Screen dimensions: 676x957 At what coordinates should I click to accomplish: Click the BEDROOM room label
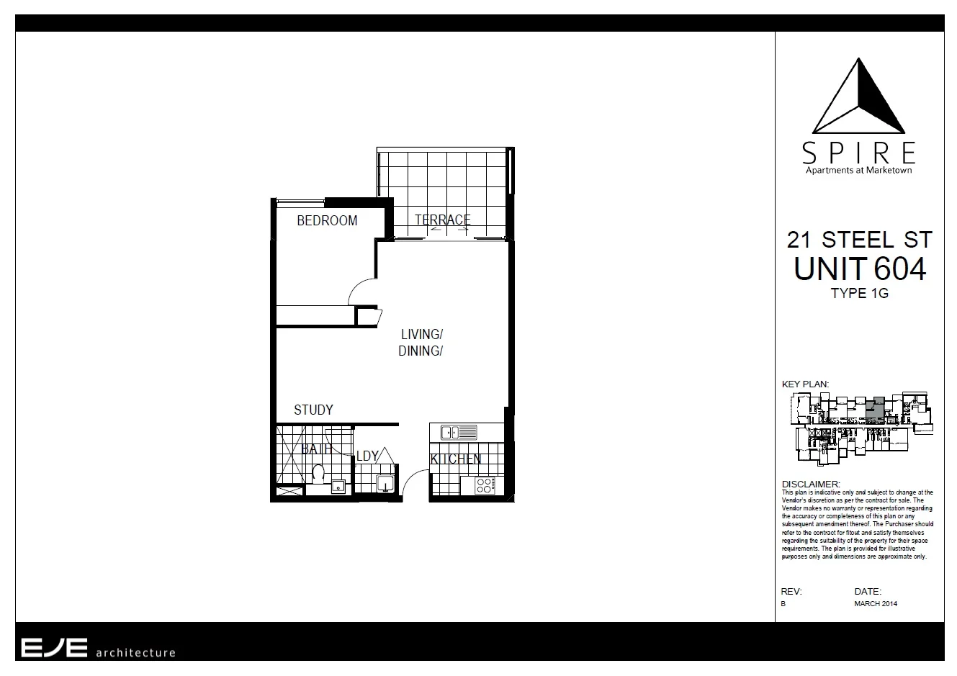(327, 221)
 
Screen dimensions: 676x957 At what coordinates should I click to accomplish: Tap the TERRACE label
(442, 220)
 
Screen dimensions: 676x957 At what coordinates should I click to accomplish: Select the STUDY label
(313, 410)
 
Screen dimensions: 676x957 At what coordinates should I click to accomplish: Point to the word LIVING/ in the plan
(421, 334)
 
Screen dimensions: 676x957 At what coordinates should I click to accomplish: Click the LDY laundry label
(367, 456)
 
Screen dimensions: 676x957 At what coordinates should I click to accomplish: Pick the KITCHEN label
(456, 459)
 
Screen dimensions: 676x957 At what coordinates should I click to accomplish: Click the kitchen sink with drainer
(459, 433)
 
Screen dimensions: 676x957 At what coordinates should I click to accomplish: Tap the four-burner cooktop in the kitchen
(485, 486)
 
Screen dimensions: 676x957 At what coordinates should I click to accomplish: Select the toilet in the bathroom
(318, 474)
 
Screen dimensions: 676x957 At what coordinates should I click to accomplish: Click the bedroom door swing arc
(360, 292)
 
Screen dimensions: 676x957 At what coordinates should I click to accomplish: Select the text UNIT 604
(859, 269)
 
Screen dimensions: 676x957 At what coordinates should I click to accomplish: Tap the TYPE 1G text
(859, 294)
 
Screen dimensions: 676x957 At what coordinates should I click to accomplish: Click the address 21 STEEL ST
(859, 240)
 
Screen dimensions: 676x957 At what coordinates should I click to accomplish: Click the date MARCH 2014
(876, 604)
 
